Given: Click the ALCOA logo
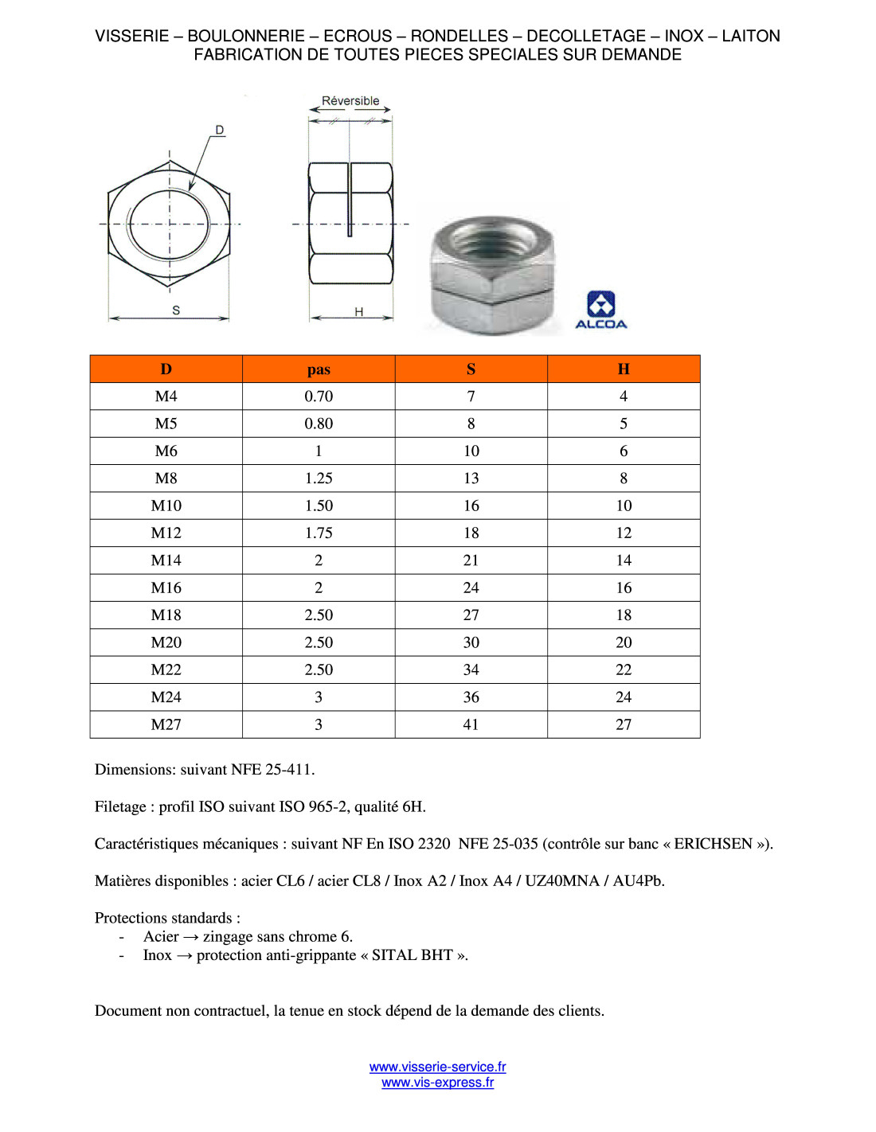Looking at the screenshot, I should (x=600, y=310).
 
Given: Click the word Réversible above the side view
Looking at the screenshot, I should (x=350, y=101).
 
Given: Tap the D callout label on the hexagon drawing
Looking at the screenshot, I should (x=220, y=130).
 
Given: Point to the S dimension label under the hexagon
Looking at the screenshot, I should (x=176, y=310).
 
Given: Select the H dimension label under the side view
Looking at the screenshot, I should (x=359, y=311).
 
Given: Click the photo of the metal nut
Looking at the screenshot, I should (x=491, y=275).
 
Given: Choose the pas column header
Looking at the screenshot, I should (x=319, y=369).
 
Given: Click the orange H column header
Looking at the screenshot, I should (x=624, y=369).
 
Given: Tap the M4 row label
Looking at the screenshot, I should (x=166, y=396).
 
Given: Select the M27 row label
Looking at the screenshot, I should (x=166, y=724).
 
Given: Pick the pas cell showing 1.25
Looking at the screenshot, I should (x=319, y=478).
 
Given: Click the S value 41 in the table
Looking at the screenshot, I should (x=471, y=724).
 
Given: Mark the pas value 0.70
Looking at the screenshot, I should (x=319, y=396).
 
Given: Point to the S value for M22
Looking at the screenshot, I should (x=471, y=669).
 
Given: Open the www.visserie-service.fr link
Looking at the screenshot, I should (x=437, y=1067).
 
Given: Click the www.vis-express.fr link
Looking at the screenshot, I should (x=437, y=1083).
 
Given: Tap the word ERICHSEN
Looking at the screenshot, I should (x=713, y=844).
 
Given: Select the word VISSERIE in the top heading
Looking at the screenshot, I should (x=132, y=36).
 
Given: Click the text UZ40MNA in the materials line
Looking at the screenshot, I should (x=561, y=880).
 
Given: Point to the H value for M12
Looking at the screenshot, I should (x=624, y=533).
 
